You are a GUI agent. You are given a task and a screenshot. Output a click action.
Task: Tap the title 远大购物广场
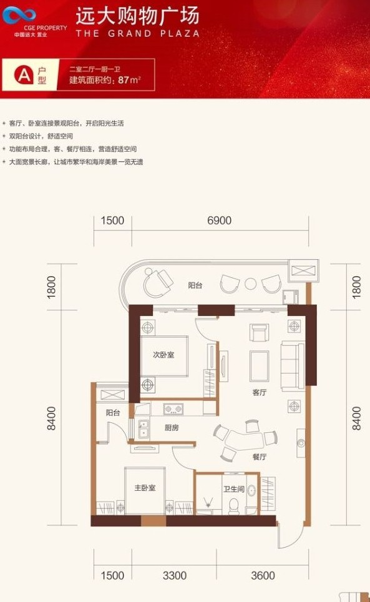pos(137,15)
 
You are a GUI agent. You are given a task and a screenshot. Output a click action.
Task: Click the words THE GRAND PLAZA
pos(137,33)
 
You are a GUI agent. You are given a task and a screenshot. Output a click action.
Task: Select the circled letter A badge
pos(24,75)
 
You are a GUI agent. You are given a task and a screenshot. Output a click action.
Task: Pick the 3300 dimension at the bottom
pos(175,575)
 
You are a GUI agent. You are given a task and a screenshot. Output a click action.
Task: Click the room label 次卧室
pos(163,355)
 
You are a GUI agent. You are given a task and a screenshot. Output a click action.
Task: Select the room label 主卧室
pos(145,488)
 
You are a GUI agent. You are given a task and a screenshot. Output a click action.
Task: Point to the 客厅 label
pos(260,393)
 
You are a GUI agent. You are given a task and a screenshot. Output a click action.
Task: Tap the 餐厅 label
pos(260,456)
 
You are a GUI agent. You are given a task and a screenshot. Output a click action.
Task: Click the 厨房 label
pos(172,428)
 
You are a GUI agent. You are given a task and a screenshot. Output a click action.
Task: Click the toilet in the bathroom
pos(235,505)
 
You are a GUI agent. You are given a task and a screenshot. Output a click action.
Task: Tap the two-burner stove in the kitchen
pos(173,410)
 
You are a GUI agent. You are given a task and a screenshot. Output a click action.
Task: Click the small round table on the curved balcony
pos(250,284)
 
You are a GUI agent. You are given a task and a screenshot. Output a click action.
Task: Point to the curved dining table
pos(240,440)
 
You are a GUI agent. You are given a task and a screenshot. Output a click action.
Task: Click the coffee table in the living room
pos(260,365)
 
